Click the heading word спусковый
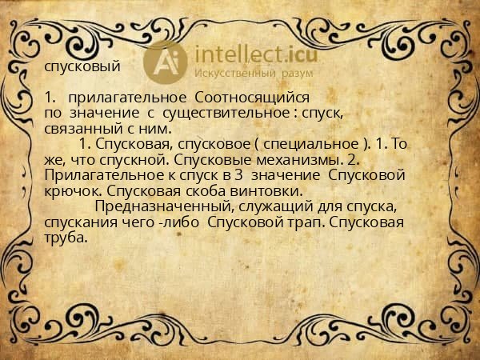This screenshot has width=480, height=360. point(82,67)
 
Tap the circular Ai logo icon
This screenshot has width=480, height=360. point(166,61)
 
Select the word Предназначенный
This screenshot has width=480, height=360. point(162,206)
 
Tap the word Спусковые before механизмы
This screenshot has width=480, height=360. point(210,160)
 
